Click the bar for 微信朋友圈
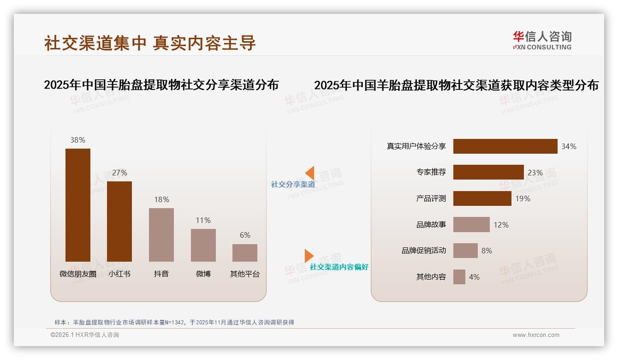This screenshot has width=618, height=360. (x=77, y=205)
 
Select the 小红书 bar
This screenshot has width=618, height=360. (x=119, y=222)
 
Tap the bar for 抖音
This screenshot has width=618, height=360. (x=161, y=235)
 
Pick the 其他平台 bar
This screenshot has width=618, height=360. (x=245, y=253)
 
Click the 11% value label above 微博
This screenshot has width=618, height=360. (x=203, y=220)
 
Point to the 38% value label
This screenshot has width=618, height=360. (x=77, y=140)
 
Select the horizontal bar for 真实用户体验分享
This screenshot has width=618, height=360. (x=505, y=146)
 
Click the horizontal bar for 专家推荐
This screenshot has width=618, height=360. (x=488, y=172)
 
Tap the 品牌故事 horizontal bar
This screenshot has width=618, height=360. (x=471, y=225)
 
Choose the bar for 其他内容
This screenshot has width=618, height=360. (x=459, y=277)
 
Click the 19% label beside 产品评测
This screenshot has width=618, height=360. (x=523, y=198)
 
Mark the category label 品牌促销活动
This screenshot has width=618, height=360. (x=423, y=251)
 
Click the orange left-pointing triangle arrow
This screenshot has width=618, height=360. (x=309, y=173)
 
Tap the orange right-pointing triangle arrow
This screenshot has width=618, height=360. (x=309, y=256)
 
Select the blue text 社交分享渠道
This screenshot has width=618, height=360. (x=293, y=184)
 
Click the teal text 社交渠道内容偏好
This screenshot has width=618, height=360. (x=339, y=267)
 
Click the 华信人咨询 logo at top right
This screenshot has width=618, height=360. (x=542, y=40)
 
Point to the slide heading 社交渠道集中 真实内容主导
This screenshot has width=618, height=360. (x=150, y=43)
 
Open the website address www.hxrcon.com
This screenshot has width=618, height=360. (x=536, y=335)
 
